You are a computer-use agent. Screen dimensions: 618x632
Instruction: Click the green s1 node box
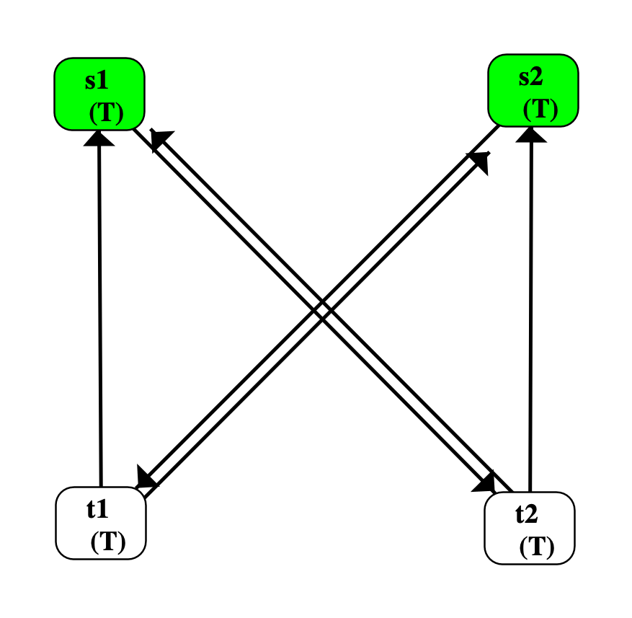pos(99,94)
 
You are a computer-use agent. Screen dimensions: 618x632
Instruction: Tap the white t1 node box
pos(101,523)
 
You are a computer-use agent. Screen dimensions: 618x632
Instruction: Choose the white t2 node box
pos(530,528)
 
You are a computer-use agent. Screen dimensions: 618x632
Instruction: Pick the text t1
pos(98,509)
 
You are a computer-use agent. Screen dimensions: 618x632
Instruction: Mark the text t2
pos(527,514)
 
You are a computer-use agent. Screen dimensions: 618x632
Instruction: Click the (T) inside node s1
pos(106,113)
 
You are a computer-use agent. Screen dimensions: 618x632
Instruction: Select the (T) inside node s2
pos(540,109)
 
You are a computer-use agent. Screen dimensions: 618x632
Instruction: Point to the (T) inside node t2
pos(537,547)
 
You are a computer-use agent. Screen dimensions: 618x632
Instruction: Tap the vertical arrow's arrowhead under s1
pos(99,137)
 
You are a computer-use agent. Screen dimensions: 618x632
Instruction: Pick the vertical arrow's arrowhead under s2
pos(532,133)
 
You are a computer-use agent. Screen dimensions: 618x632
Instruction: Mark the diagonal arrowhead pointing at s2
pos(479,163)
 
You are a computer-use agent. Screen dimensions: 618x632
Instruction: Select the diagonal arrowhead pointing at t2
pos(484,481)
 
